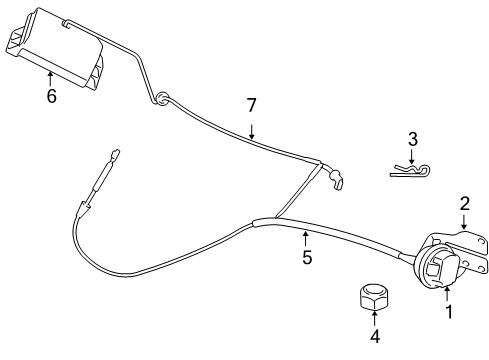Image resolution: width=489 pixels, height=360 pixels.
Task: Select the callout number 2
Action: tap(464, 203)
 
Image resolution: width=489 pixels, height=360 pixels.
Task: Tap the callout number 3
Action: tap(412, 139)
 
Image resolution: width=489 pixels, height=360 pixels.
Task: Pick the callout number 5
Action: tap(307, 257)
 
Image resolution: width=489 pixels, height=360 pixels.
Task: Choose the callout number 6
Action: tap(51, 96)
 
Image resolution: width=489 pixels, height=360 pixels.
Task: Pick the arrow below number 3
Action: tap(412, 157)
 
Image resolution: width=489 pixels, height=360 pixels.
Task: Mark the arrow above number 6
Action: tap(51, 77)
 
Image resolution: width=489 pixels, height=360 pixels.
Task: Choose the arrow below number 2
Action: tap(464, 223)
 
